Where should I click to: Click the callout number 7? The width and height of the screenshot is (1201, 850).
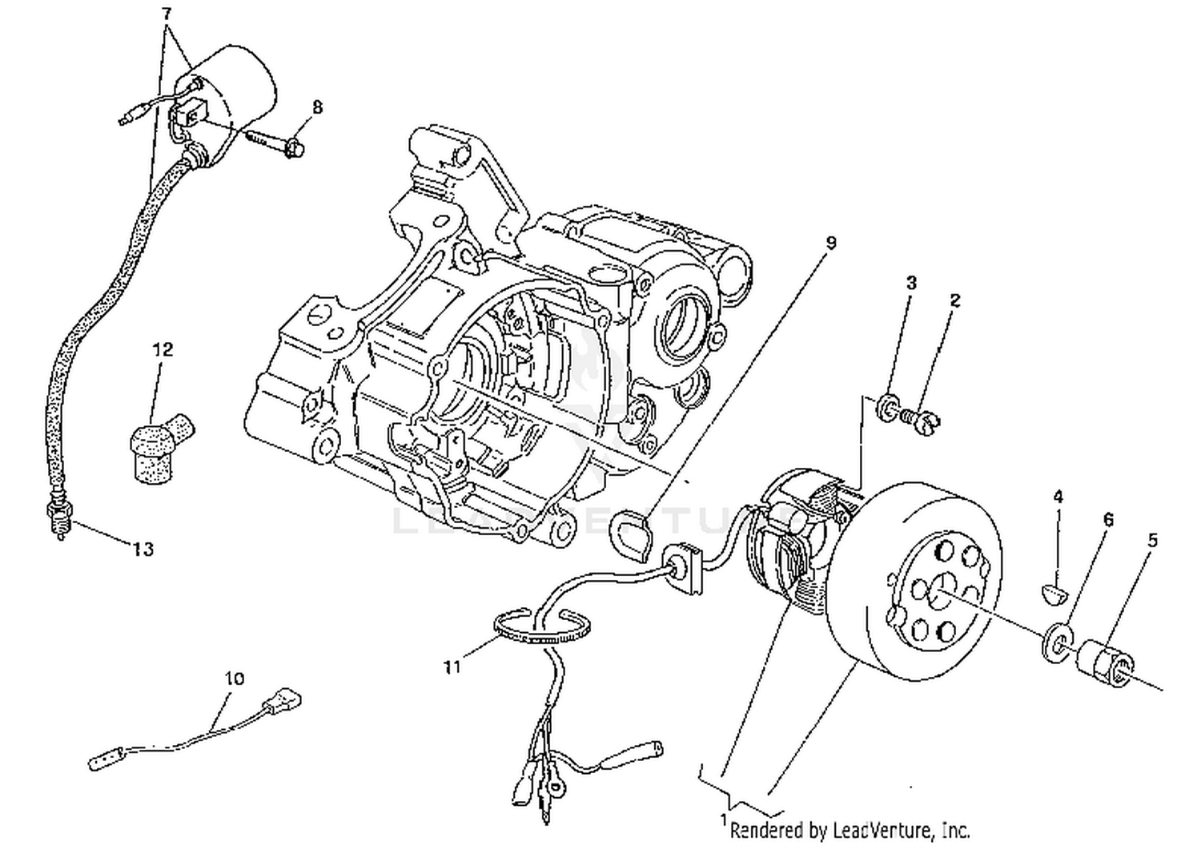166,14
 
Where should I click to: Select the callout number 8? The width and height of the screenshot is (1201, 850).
317,107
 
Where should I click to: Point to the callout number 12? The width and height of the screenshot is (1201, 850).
163,349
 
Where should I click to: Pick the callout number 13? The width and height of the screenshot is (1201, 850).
143,550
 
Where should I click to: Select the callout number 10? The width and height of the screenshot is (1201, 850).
234,679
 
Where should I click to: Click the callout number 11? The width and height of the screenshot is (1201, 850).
452,667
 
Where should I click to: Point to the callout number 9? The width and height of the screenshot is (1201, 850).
830,242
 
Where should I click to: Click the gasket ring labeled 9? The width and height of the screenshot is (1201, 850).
631,536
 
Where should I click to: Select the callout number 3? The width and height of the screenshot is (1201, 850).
911,282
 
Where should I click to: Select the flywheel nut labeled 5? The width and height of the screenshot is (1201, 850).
1104,663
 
